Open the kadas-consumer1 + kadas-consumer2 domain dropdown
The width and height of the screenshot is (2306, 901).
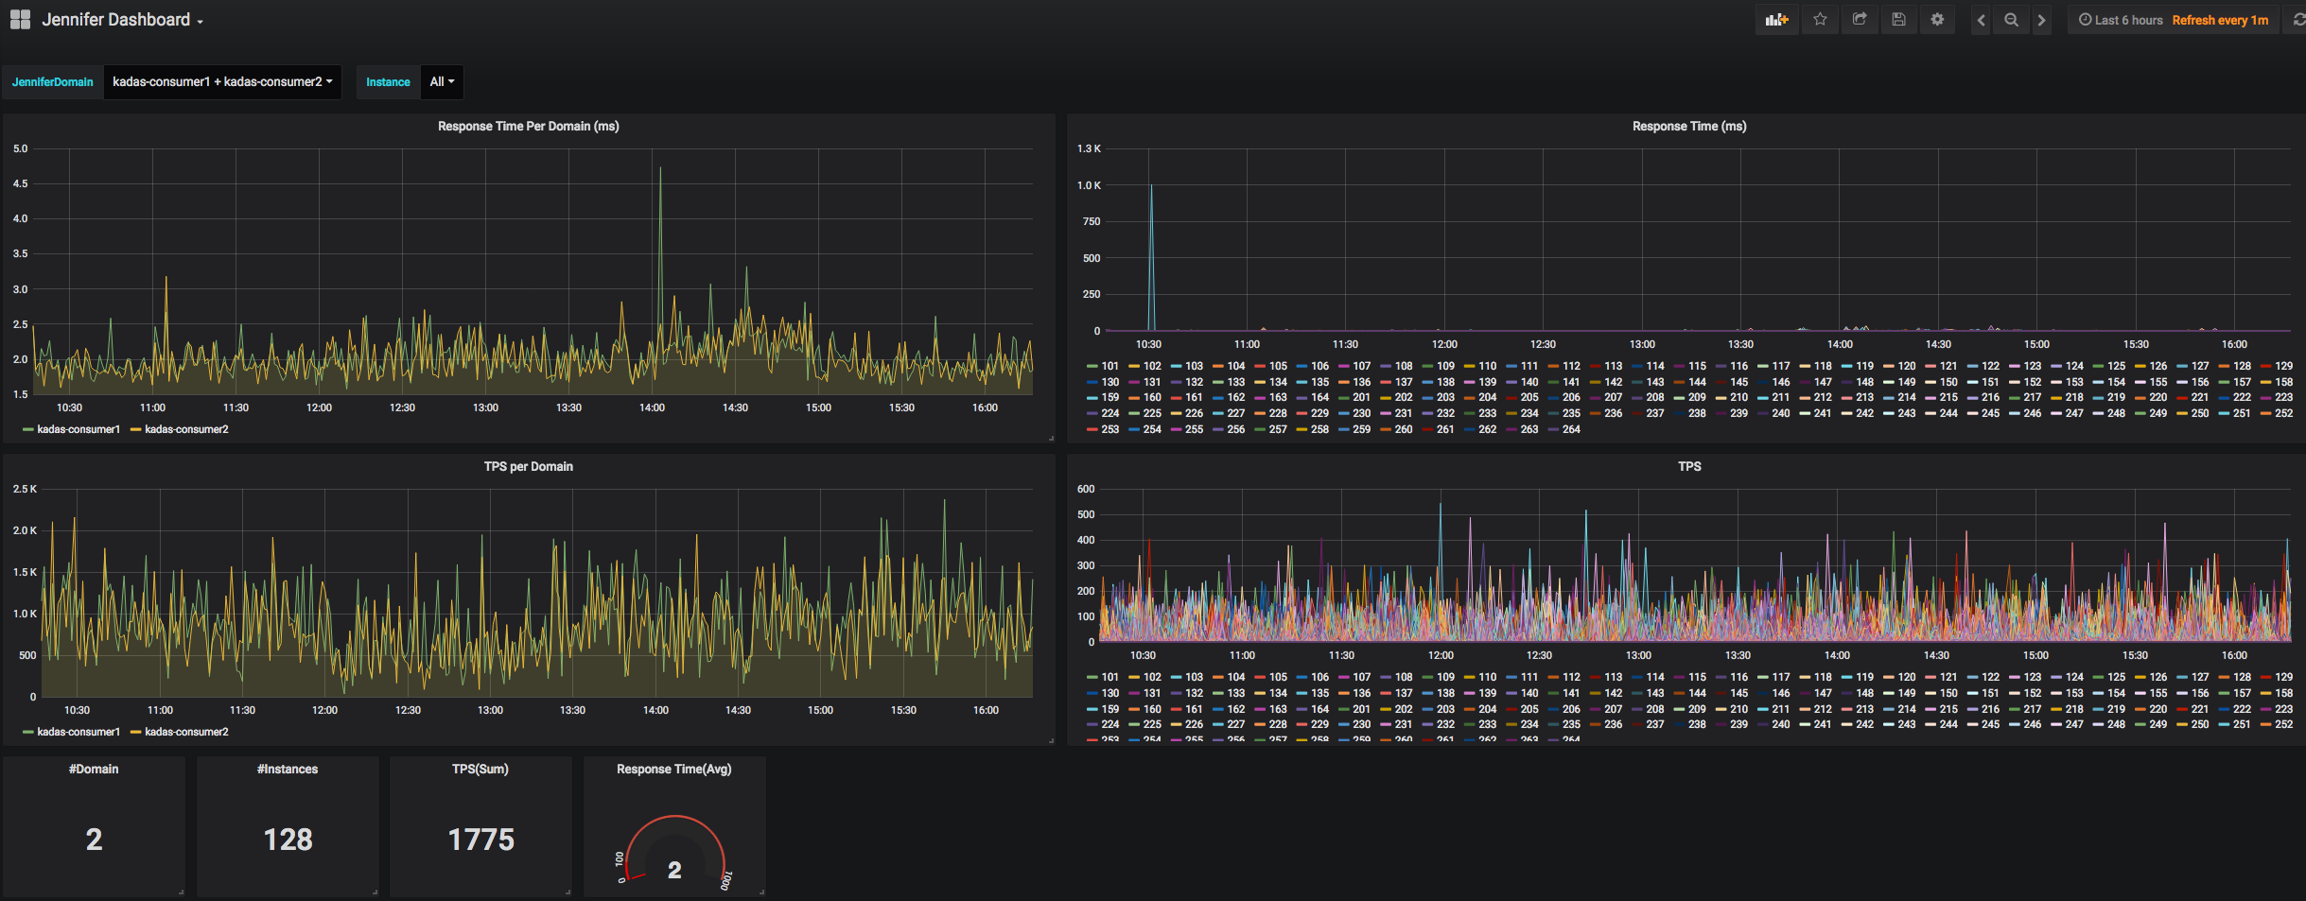coord(222,82)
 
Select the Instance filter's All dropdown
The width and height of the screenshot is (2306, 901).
coord(442,82)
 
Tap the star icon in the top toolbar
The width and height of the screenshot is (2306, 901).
coord(1820,20)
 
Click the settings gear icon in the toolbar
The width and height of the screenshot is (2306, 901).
coord(1937,20)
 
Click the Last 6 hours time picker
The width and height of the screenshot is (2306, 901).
coord(2121,20)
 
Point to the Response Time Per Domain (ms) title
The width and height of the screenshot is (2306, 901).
coord(528,126)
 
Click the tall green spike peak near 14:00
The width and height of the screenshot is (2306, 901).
coord(660,169)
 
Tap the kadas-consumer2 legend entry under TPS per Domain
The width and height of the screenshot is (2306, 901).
coord(185,732)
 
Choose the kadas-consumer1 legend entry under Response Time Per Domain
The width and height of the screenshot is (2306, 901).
coord(78,429)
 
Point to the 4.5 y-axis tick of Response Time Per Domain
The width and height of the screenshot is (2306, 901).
coord(20,183)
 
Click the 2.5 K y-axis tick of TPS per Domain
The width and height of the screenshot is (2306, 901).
coord(25,489)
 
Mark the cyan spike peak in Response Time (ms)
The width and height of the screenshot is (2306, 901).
coord(1151,186)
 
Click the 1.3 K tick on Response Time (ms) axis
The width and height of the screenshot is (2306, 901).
coord(1089,148)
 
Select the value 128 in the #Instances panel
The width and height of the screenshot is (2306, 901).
coord(288,840)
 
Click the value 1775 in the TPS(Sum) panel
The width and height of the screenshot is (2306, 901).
coord(480,840)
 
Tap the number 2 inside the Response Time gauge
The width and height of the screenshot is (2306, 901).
coord(674,870)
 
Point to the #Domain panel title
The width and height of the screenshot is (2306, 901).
coord(94,769)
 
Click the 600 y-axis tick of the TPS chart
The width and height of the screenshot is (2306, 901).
coord(1086,489)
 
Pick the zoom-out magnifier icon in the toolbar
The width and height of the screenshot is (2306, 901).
coord(2011,20)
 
